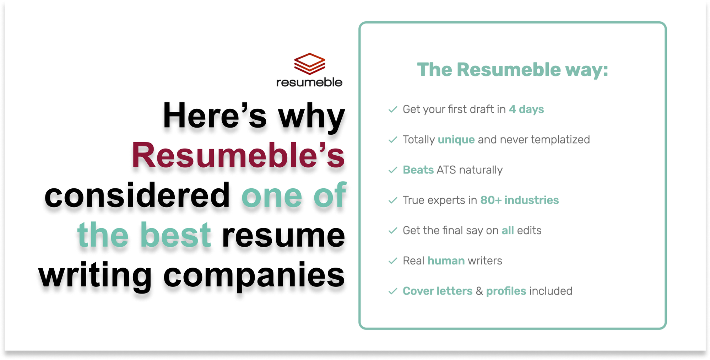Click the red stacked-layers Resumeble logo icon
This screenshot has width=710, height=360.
coord(309,64)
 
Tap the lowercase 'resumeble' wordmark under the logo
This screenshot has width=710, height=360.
coord(309,82)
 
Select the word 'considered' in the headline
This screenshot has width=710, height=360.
coord(137,195)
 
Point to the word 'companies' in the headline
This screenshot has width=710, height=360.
coord(254,275)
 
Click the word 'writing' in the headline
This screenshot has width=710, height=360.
coord(95,275)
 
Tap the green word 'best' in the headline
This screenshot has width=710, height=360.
coord(175,235)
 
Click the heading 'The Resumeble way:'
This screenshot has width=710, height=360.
coord(512,70)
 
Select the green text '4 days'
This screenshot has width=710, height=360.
coord(526,109)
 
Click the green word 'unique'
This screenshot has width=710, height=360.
coord(456,140)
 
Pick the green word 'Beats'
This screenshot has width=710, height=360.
coord(418,170)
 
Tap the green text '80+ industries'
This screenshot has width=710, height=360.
coord(519,200)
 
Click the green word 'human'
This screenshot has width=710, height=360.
coord(446,261)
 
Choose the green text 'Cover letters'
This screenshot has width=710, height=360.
coord(437,291)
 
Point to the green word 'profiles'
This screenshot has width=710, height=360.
coord(506,291)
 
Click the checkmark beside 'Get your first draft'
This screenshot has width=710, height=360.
coord(392,109)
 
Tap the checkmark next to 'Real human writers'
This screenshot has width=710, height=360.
coord(392,261)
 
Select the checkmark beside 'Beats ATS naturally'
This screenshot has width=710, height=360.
coord(392,170)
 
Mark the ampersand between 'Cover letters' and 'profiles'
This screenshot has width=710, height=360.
coord(479,291)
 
